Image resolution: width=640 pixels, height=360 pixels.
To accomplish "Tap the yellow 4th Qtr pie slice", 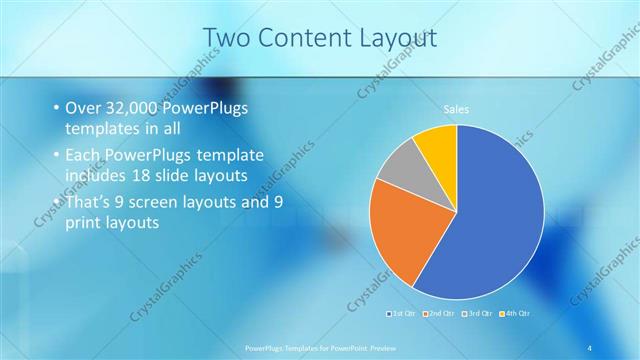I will pyautogui.click(x=438, y=145).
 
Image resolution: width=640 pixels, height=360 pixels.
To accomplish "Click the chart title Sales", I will pyautogui.click(x=456, y=109).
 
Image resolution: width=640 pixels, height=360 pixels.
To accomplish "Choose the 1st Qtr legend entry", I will pyautogui.click(x=403, y=313).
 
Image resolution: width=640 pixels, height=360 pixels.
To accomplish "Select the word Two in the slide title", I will pyautogui.click(x=226, y=37).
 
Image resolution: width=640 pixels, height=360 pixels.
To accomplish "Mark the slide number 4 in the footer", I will pyautogui.click(x=591, y=347).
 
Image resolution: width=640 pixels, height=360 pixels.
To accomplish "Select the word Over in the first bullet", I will pyautogui.click(x=84, y=107).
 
